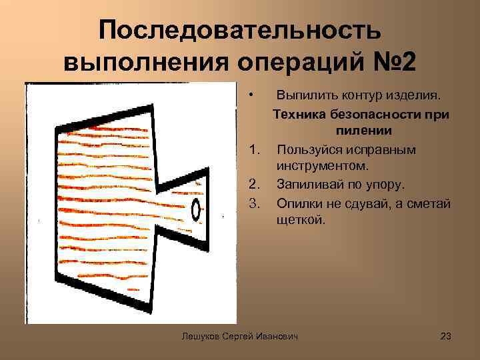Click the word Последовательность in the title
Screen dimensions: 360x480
[240, 30]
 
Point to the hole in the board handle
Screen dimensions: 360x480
[197, 209]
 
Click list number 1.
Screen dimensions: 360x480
[253, 149]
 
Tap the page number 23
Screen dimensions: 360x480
[446, 337]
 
